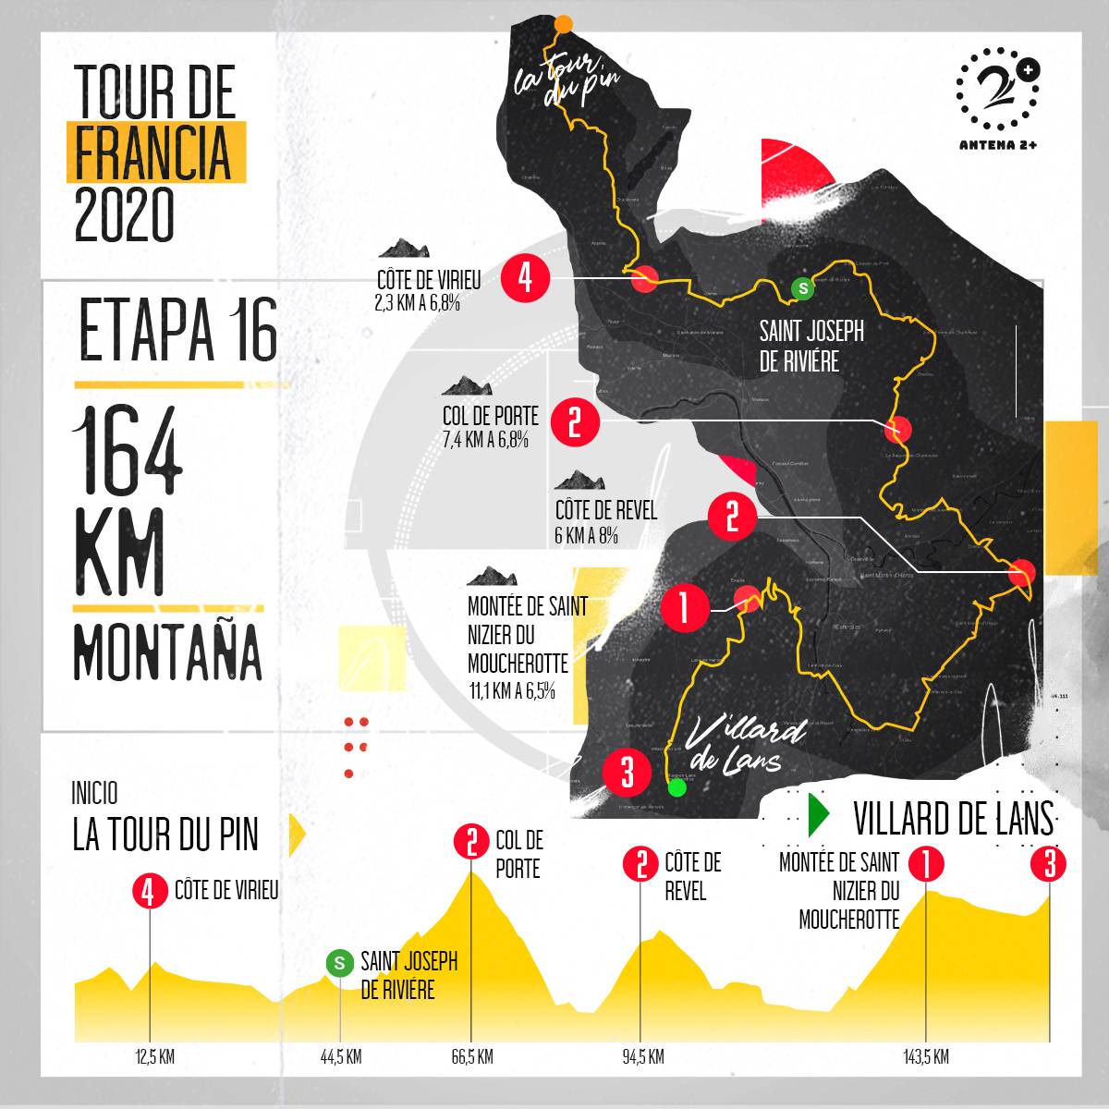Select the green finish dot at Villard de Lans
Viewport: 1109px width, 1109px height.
pyautogui.click(x=677, y=788)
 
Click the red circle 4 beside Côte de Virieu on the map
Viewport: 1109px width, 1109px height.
pyautogui.click(x=526, y=278)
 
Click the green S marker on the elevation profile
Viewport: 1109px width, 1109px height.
pyautogui.click(x=340, y=963)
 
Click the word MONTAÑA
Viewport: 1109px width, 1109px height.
pyautogui.click(x=167, y=652)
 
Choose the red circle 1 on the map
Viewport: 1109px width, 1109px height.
pyautogui.click(x=685, y=607)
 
